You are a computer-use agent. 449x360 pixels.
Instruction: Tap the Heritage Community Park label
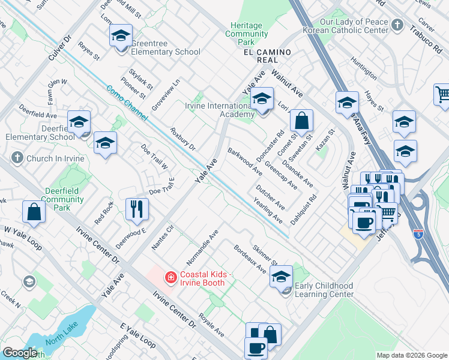click(x=247, y=34)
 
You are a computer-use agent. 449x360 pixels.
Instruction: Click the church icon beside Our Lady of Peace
click(x=397, y=25)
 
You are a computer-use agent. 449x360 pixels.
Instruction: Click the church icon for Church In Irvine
click(x=17, y=158)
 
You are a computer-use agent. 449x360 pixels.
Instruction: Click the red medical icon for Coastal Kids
click(x=170, y=277)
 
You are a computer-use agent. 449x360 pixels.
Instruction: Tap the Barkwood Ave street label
click(x=245, y=161)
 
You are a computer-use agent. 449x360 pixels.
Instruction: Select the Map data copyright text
click(x=411, y=355)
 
